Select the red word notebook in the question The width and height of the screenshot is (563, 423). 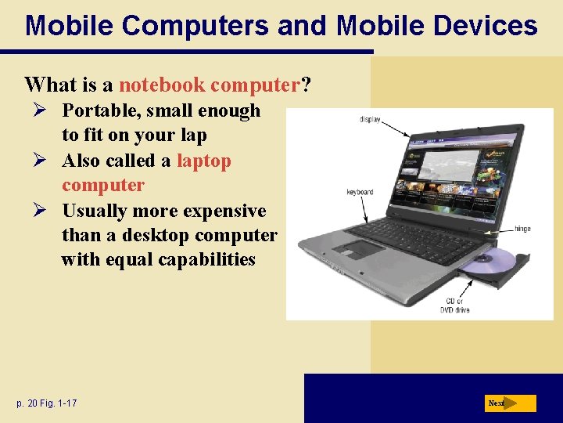point(162,84)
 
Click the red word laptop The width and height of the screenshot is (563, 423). point(204,161)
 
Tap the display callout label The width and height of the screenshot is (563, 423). point(370,120)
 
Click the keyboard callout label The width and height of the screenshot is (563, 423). point(360,192)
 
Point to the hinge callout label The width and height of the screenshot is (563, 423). point(522,230)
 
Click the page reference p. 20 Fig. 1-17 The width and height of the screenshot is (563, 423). point(46,403)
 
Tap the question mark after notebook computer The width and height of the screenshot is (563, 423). point(306,84)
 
